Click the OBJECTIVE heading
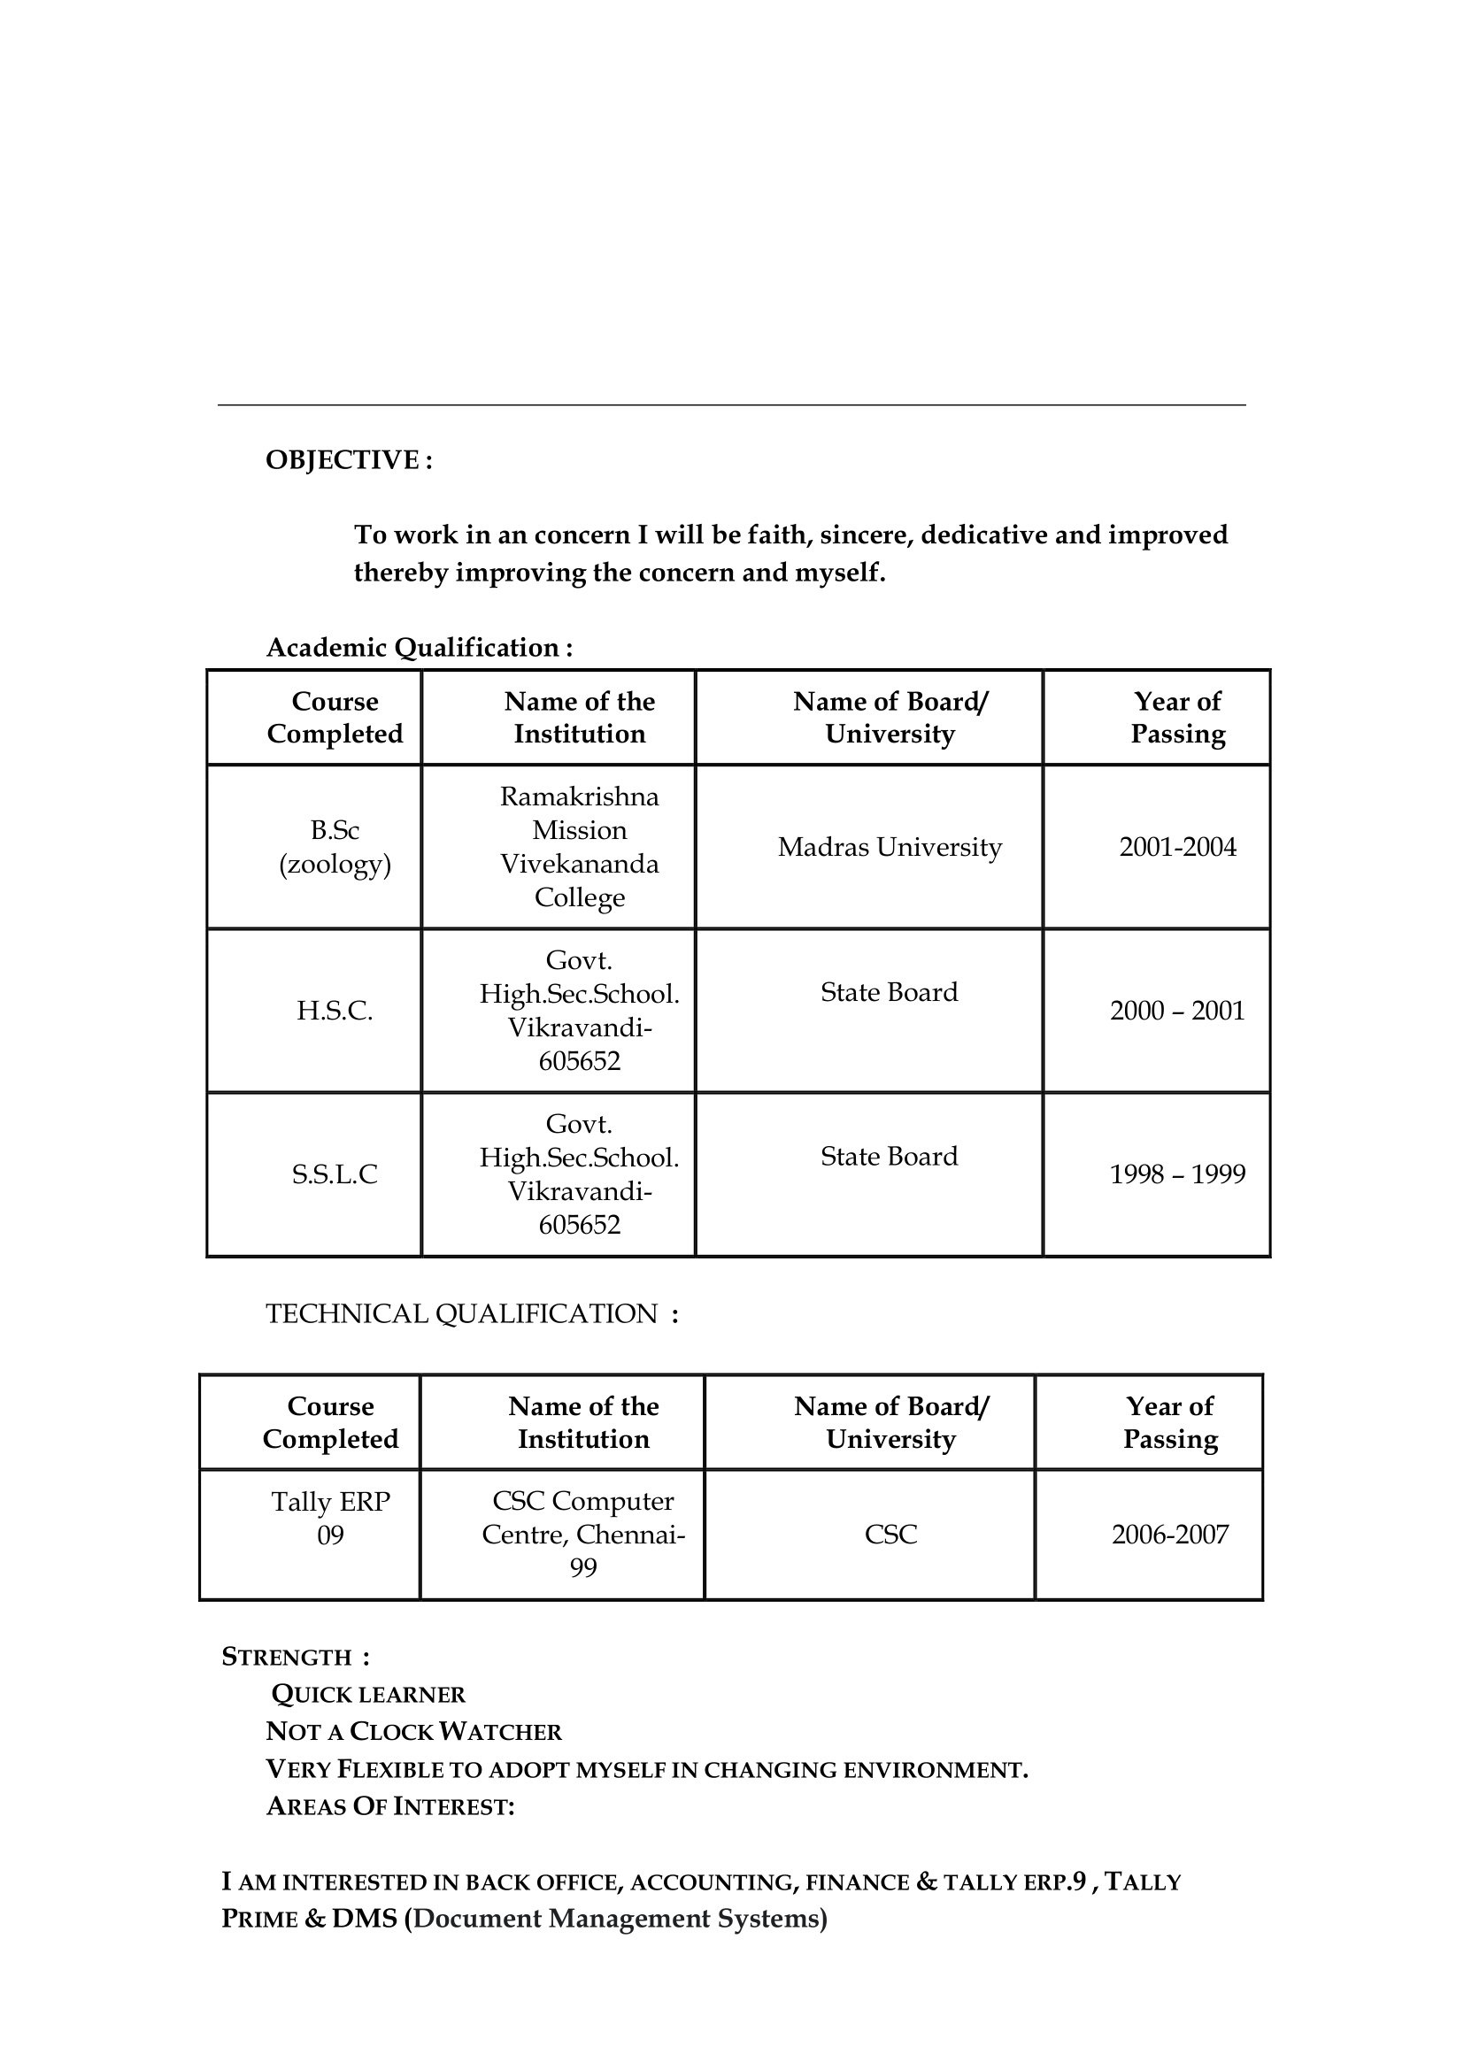click(348, 460)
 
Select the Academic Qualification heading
click(420, 647)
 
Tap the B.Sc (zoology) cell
click(335, 847)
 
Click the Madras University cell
click(889, 847)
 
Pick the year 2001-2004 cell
click(1177, 847)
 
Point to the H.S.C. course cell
click(335, 1011)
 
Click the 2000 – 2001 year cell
click(1176, 1011)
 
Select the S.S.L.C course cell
click(335, 1174)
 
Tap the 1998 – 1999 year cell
click(1176, 1174)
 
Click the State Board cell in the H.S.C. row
click(889, 992)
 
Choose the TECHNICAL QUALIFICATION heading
click(472, 1313)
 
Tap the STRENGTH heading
click(295, 1657)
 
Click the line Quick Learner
click(368, 1695)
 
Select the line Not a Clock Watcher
click(413, 1732)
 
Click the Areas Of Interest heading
click(389, 1807)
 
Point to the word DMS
click(364, 1918)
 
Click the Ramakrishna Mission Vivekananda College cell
click(580, 847)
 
